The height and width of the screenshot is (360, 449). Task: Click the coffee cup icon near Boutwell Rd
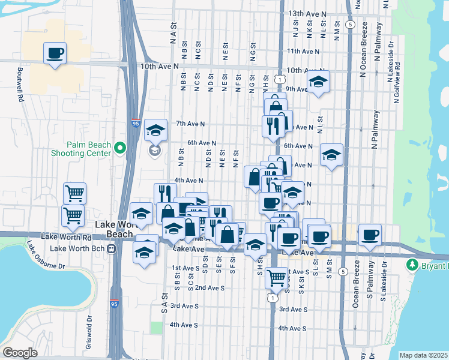55,53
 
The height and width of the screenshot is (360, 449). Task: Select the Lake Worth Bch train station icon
111,248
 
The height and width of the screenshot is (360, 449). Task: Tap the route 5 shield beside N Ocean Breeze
351,25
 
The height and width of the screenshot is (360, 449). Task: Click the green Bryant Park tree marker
412,265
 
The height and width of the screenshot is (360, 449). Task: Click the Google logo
20,353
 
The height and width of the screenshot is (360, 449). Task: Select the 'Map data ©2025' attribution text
424,355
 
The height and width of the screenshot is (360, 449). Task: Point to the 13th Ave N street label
307,13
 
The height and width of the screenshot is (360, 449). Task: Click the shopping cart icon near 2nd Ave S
276,278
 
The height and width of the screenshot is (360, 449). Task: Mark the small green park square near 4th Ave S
157,328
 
